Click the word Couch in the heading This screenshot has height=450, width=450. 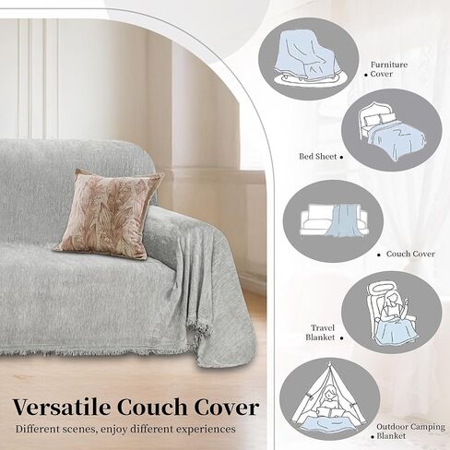tap(156, 407)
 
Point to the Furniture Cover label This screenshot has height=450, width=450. tap(388, 70)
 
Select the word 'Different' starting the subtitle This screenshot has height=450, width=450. tap(40, 429)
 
